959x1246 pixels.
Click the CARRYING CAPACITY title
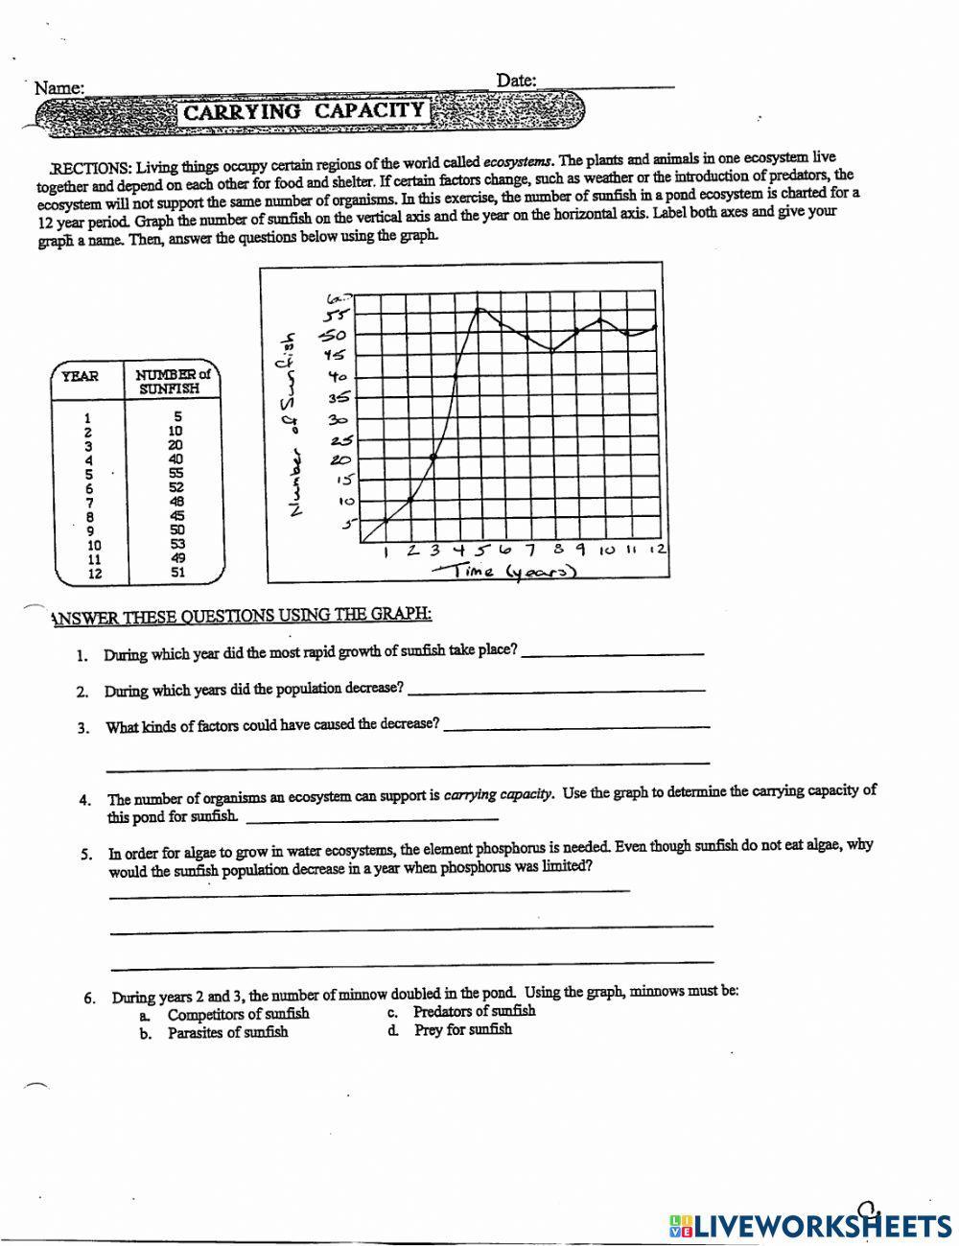pos(303,111)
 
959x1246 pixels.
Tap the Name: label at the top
pos(58,88)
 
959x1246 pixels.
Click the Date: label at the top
pos(516,81)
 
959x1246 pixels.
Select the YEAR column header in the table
pos(80,376)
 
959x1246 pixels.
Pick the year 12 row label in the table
pos(93,574)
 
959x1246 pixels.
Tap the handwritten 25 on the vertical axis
pos(340,441)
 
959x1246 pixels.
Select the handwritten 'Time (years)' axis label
pos(504,572)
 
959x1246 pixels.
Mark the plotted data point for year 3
pos(433,458)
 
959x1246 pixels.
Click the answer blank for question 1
pos(612,652)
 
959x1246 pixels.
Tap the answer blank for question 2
pos(556,689)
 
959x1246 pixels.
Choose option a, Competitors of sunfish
pos(238,1014)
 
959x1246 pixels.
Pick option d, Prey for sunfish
pos(462,1029)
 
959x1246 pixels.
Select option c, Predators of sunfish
pos(474,1011)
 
